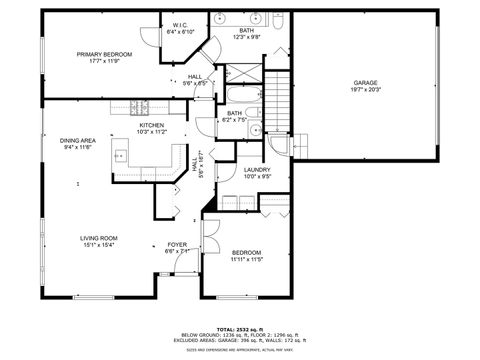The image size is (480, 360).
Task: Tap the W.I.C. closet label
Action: point(180,25)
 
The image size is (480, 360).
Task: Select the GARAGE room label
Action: point(365,82)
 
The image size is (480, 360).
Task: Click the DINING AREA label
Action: point(77,140)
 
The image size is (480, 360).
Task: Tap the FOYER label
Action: point(176,244)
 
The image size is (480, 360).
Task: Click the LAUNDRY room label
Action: point(257,170)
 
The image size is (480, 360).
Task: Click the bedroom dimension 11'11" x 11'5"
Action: point(246,259)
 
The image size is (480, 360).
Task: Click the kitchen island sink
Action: point(120,155)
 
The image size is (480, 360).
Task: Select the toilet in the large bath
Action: point(280,21)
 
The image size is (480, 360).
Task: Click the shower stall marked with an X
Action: point(239,73)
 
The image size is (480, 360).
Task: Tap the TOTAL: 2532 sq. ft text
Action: point(239,329)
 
